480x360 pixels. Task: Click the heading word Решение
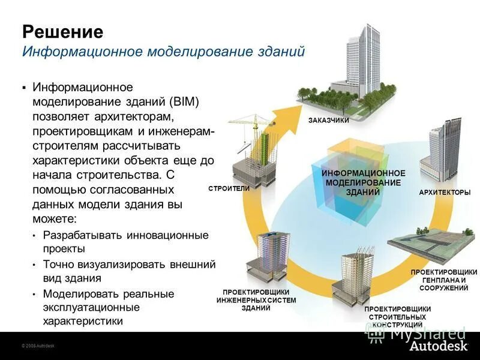point(62,31)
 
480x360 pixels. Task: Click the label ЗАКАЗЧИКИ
point(328,120)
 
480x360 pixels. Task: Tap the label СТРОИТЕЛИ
point(229,188)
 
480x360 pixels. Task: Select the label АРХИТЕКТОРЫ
point(444,192)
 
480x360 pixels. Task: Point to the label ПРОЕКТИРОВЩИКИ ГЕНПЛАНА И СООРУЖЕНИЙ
point(443,280)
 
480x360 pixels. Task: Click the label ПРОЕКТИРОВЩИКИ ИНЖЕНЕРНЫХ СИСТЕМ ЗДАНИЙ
point(256,300)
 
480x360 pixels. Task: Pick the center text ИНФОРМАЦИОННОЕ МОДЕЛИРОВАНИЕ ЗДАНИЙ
point(363,182)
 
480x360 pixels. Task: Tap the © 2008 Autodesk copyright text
point(38,347)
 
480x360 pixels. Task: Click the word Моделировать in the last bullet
point(79,294)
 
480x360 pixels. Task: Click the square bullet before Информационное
point(24,88)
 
